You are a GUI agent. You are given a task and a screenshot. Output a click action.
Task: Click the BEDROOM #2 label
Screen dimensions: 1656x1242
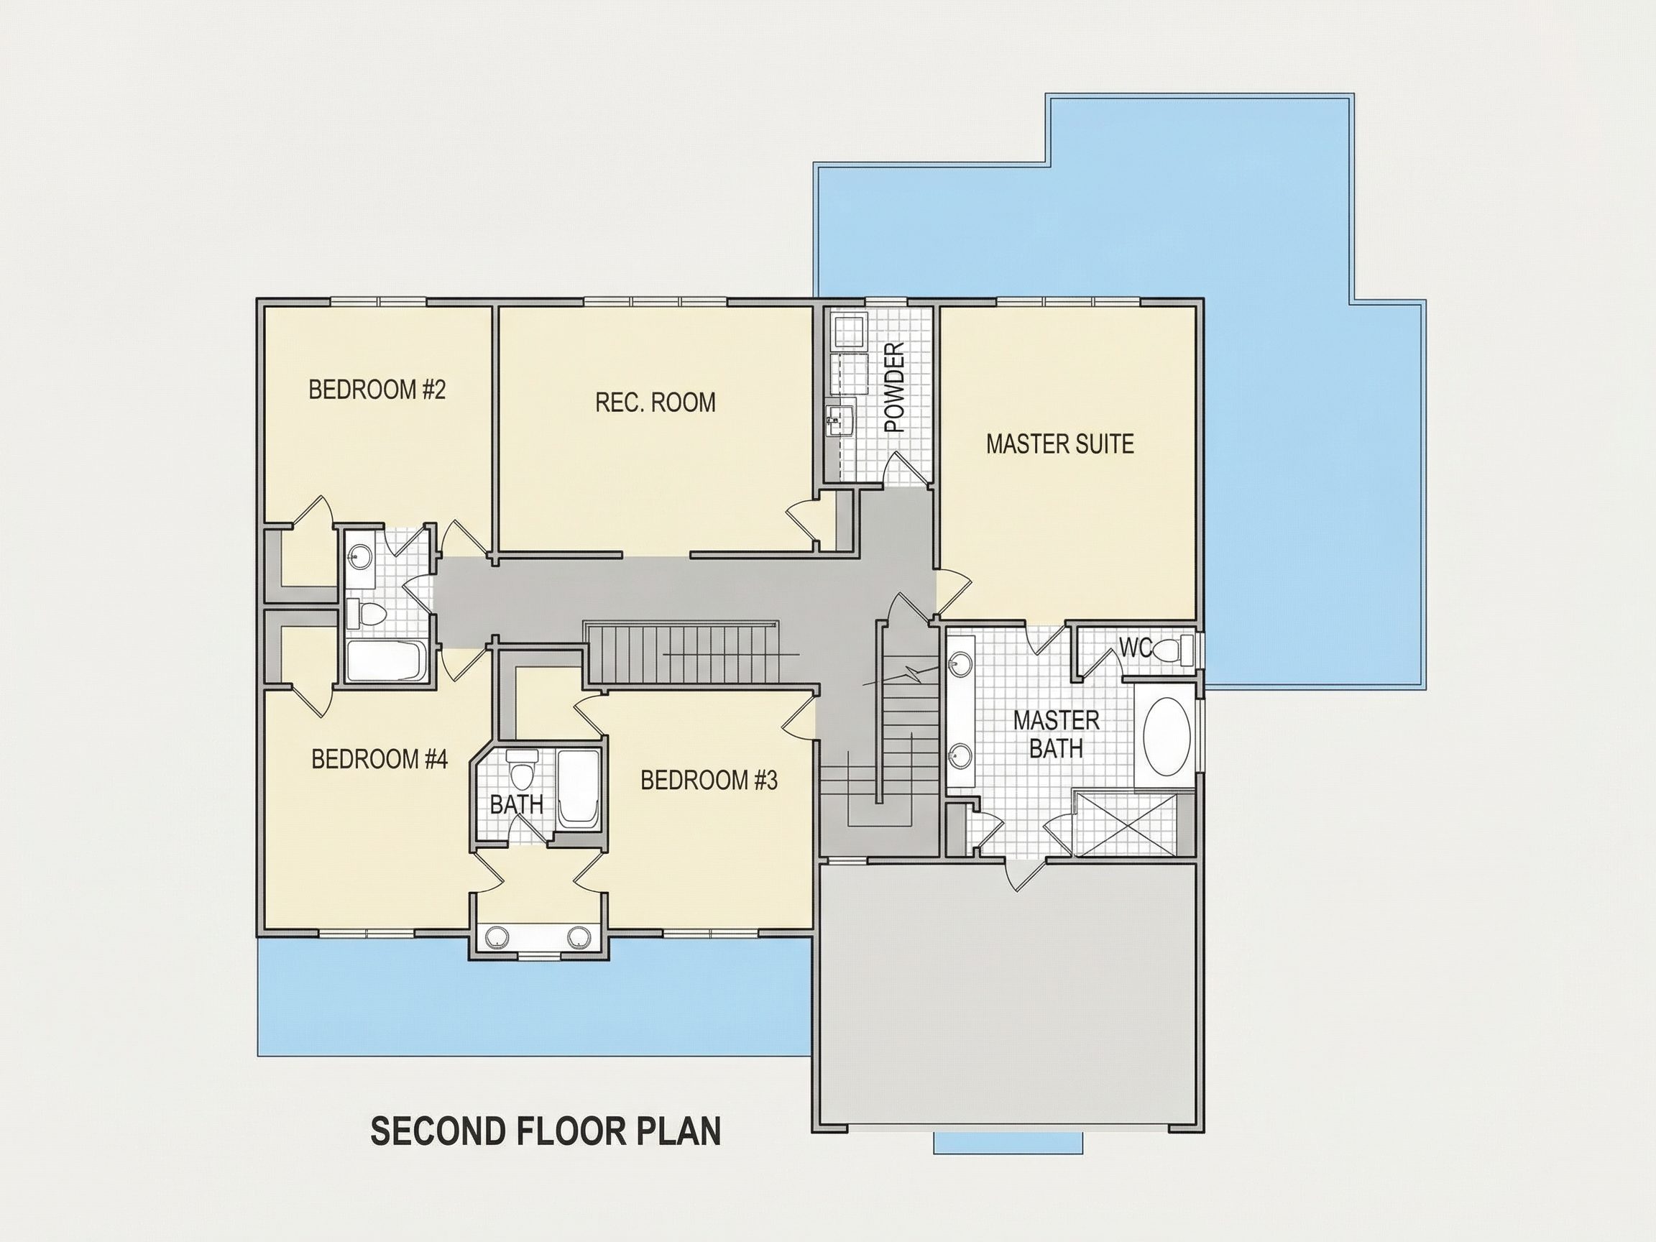377,390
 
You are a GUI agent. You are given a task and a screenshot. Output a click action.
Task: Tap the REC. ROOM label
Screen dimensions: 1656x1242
655,402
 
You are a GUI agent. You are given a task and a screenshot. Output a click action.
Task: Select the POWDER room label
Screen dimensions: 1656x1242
895,387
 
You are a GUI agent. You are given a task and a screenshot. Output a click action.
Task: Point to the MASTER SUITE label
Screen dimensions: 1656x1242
1059,444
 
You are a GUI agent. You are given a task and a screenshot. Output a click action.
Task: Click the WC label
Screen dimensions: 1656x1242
1135,648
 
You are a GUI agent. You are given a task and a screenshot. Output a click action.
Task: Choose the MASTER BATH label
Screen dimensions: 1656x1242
1057,735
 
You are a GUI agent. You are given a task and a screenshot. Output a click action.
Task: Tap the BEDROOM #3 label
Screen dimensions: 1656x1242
709,781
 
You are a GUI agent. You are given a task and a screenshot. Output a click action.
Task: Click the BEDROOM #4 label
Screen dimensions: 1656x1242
379,759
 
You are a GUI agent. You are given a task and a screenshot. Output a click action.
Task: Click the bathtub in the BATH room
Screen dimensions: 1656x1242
577,791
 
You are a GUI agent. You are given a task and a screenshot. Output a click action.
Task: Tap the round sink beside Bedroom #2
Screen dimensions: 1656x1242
360,556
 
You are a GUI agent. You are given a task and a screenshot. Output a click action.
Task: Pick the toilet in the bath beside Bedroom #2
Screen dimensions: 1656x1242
365,615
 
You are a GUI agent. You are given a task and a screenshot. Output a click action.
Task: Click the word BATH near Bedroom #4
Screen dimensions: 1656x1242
516,805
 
